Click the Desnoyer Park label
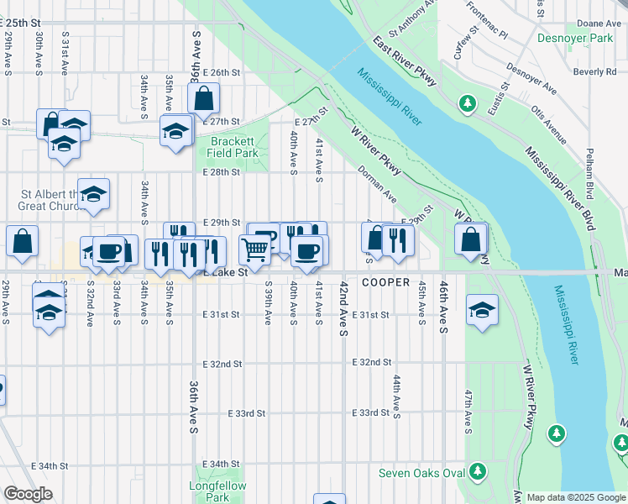pos(579,39)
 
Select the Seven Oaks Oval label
pos(421,473)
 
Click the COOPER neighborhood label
pos(385,283)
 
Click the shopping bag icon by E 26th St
pos(204,99)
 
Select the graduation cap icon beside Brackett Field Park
pos(175,131)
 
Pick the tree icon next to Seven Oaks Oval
pos(478,472)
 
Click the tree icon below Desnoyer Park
pos(468,105)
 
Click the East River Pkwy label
pos(404,62)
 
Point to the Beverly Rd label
pos(597,72)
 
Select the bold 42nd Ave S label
pos(344,310)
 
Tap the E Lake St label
pos(224,272)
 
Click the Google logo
pos(28,494)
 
